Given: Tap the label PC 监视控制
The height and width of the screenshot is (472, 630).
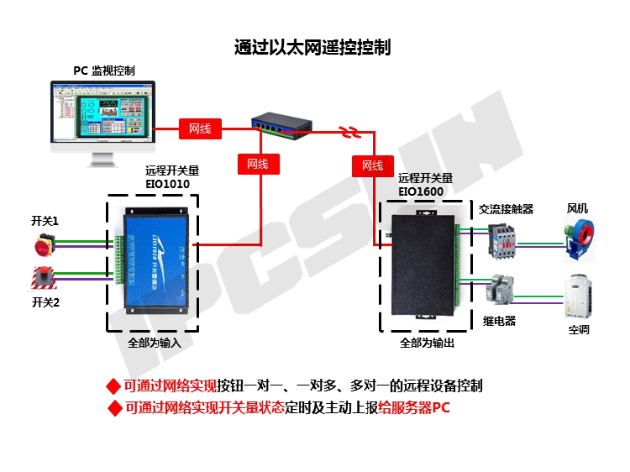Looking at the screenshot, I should [103, 71].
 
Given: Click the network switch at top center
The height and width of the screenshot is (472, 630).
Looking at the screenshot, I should [281, 126].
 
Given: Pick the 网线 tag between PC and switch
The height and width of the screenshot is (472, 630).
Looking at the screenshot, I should [200, 129].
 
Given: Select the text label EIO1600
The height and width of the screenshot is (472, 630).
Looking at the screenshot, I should [421, 191].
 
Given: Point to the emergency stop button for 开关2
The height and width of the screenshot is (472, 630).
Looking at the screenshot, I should [42, 278].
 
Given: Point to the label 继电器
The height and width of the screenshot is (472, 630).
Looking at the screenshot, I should [500, 321].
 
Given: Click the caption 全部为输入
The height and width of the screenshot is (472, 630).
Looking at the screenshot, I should [155, 344].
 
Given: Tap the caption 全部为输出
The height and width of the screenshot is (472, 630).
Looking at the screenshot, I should [428, 344].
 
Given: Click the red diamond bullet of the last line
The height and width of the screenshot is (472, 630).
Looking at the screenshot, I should [115, 409].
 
